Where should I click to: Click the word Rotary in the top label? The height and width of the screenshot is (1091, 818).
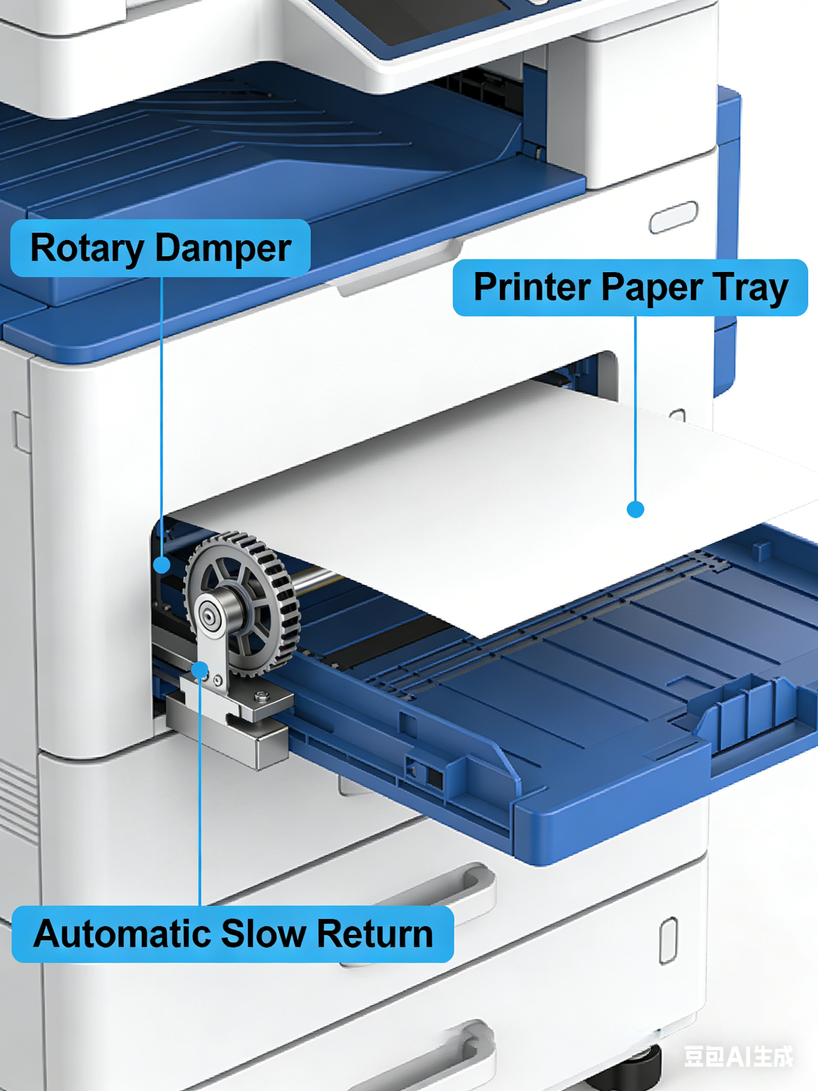coord(87,249)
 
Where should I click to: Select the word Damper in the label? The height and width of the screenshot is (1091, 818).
coord(223,249)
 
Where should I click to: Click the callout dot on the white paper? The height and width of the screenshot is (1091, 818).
coord(635,509)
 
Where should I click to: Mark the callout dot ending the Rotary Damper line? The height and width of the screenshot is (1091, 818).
coord(162,565)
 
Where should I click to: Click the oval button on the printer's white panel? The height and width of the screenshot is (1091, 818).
coord(673,217)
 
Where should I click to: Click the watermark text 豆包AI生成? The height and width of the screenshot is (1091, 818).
coord(738,1057)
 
